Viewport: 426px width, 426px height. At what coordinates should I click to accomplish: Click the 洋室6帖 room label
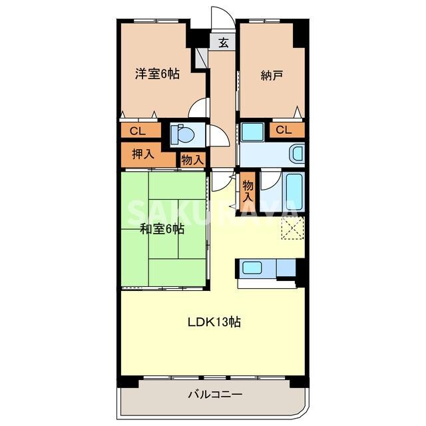click(x=157, y=74)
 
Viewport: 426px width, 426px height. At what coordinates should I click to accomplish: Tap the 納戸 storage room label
click(x=272, y=75)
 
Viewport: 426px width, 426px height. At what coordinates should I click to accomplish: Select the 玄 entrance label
click(x=224, y=43)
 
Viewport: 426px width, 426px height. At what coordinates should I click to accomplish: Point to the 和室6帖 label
click(x=162, y=230)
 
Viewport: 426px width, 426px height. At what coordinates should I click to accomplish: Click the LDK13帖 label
click(x=213, y=322)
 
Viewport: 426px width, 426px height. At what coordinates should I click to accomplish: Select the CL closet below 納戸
click(x=284, y=130)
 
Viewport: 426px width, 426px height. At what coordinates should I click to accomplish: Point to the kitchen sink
click(x=252, y=268)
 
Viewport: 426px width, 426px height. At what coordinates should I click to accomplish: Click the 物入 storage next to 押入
click(x=193, y=160)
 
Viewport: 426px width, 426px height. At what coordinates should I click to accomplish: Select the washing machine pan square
click(x=252, y=132)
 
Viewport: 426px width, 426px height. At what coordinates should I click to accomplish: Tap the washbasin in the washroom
click(x=297, y=154)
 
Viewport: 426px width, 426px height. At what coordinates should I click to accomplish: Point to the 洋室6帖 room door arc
click(x=198, y=108)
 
